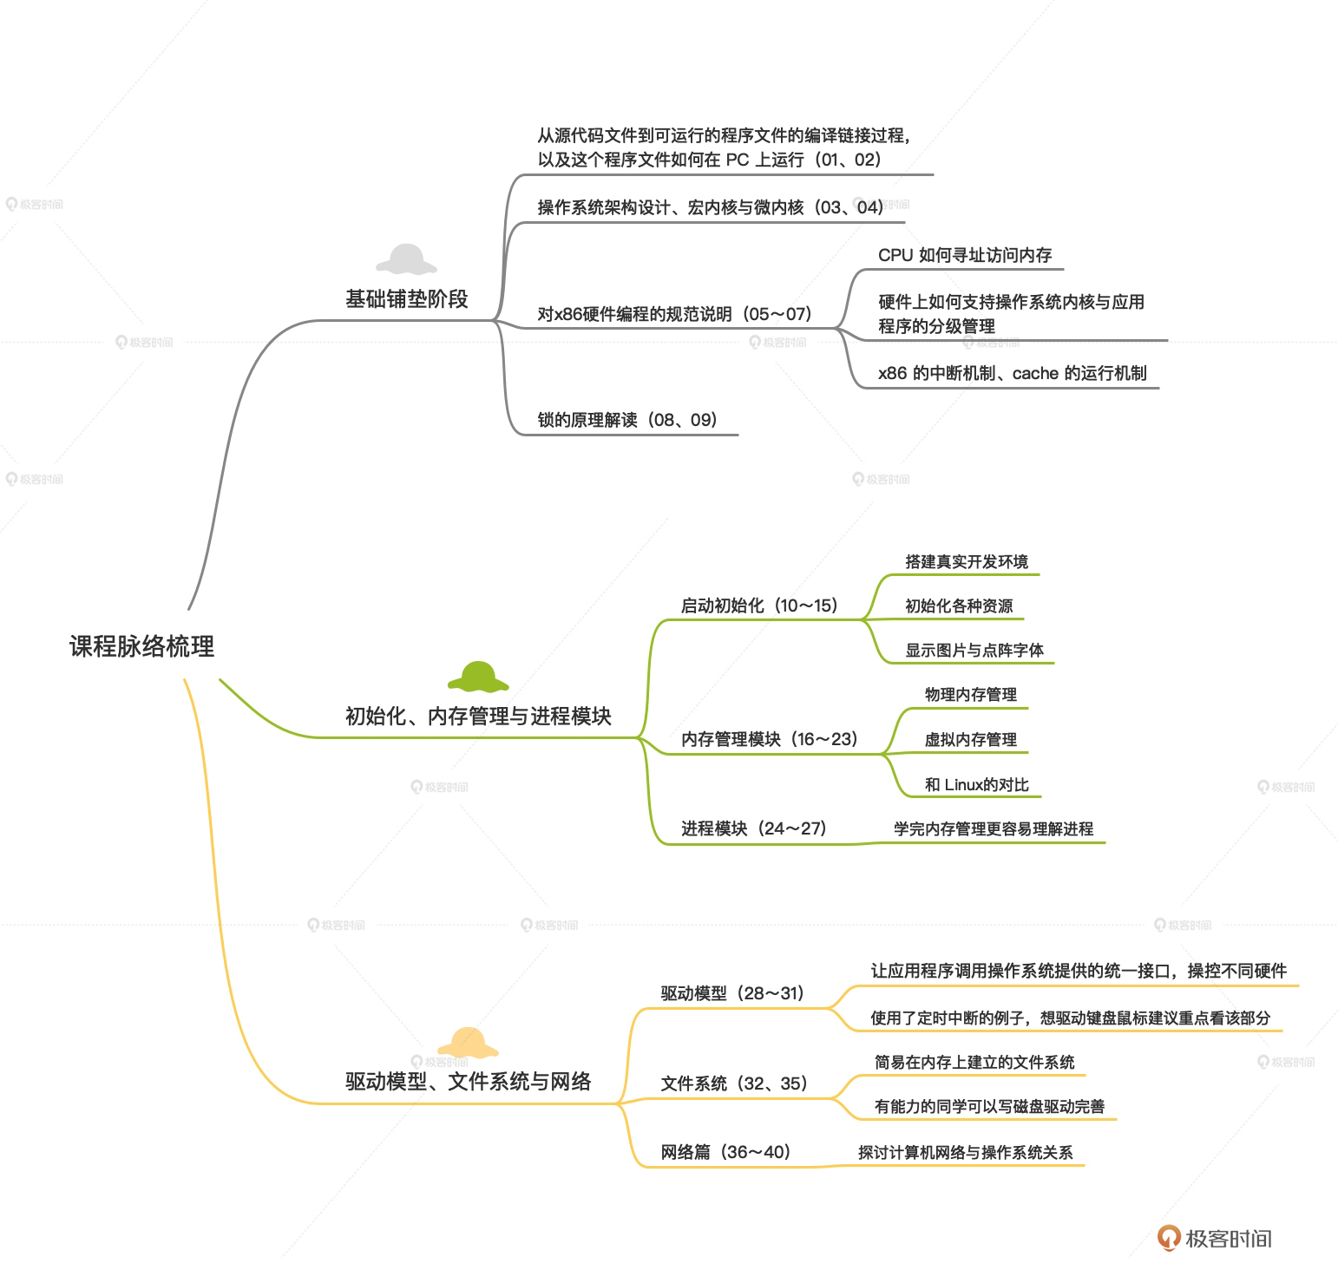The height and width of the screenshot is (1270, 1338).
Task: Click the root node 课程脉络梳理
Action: pos(141,646)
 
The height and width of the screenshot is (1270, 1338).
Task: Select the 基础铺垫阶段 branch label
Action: pos(406,299)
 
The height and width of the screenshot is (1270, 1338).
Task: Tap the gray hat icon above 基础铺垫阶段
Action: pos(406,259)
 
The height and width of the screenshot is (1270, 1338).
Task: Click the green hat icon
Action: pos(478,677)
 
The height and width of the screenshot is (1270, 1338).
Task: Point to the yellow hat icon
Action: pos(468,1042)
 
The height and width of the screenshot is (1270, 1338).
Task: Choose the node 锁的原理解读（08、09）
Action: pos(627,420)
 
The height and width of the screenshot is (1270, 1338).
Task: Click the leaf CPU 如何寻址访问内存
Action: pos(965,255)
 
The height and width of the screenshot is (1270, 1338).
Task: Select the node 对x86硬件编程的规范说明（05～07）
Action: pos(674,314)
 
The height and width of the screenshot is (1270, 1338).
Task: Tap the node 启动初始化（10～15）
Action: pos(759,606)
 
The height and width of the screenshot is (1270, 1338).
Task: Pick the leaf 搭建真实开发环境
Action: pos(966,561)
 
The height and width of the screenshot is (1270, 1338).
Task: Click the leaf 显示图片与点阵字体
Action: pos(974,650)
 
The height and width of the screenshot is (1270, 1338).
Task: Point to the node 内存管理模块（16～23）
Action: pos(769,739)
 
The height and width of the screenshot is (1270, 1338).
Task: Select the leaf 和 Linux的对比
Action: pos(976,784)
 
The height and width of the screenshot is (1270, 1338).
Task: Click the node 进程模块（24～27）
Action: pos(753,828)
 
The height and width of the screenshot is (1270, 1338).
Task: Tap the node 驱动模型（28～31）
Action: pos(732,993)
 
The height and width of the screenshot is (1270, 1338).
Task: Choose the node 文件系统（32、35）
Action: pos(734,1083)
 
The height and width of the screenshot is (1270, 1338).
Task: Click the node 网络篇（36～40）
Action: pos(725,1152)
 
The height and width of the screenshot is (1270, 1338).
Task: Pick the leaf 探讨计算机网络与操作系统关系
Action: pos(965,1152)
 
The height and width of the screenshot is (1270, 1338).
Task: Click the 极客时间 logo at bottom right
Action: pos(1214,1238)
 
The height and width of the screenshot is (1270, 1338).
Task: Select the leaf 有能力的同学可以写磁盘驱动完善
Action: pos(989,1106)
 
